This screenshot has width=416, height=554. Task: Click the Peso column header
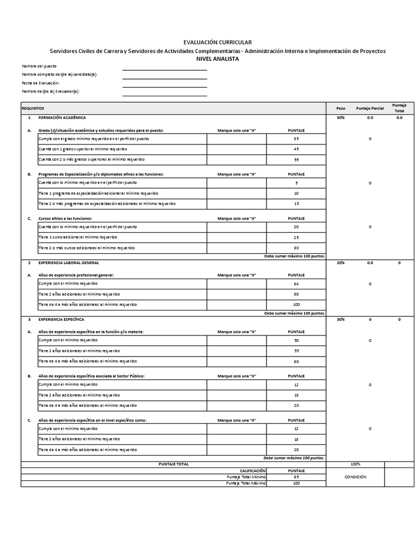(x=340, y=108)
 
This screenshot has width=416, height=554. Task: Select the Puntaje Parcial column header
(x=370, y=108)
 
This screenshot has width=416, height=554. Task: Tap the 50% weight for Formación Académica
(x=340, y=117)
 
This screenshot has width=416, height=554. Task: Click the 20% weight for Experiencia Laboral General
(x=340, y=262)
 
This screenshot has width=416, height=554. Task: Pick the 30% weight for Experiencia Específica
(x=340, y=319)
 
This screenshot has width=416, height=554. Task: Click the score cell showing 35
(x=296, y=139)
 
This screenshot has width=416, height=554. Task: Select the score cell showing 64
(x=296, y=283)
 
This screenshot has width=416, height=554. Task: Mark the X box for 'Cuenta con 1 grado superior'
(x=237, y=149)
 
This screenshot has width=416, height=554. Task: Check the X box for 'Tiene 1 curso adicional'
(x=237, y=237)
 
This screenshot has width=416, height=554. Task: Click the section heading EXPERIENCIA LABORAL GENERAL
(x=68, y=262)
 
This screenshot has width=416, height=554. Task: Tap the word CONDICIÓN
(x=355, y=477)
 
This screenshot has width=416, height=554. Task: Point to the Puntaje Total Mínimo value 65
(x=296, y=477)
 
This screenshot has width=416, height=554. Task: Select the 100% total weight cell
(x=355, y=464)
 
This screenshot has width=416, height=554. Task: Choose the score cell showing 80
(x=296, y=294)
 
